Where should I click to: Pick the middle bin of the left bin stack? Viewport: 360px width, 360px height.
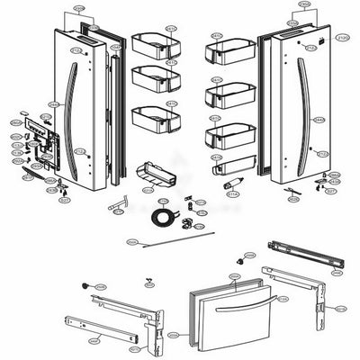pyautogui.click(x=153, y=78)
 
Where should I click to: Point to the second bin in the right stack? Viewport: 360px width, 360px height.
pyautogui.click(x=229, y=93)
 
